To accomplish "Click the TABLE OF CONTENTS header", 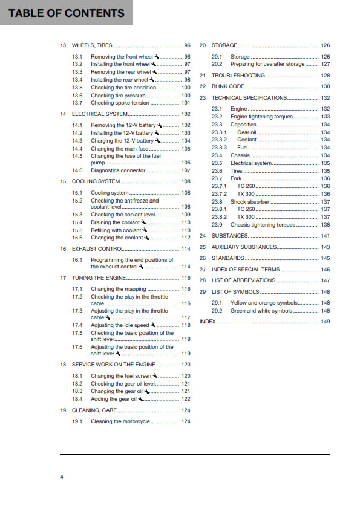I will [x=67, y=13].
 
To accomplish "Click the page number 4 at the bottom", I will [x=61, y=478].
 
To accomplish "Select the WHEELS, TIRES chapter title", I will [x=92, y=45].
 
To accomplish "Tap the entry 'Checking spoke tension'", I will [x=120, y=103].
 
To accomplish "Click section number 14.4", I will [x=77, y=149].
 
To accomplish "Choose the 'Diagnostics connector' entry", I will [x=118, y=170].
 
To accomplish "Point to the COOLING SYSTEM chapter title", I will [x=96, y=181].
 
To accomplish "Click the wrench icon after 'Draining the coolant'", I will [x=143, y=222].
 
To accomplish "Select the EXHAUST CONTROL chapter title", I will [x=97, y=249].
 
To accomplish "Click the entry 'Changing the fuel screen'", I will [x=121, y=376].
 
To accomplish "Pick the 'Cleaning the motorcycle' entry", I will [x=120, y=421].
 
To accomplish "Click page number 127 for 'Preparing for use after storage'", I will [x=326, y=64].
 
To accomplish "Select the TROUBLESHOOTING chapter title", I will [x=238, y=76].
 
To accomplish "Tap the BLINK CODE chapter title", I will [x=228, y=86].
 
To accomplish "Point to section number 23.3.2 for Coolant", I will [x=219, y=140].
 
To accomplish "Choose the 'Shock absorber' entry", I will [x=250, y=202].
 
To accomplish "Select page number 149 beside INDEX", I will [x=326, y=322].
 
